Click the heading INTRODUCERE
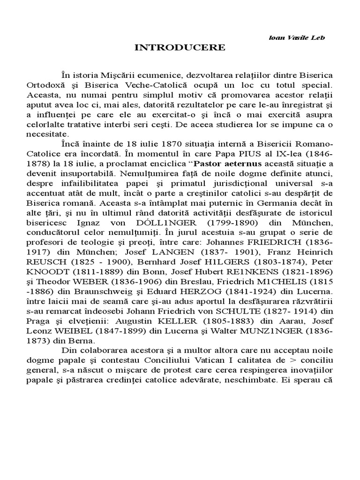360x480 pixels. tap(180, 47)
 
